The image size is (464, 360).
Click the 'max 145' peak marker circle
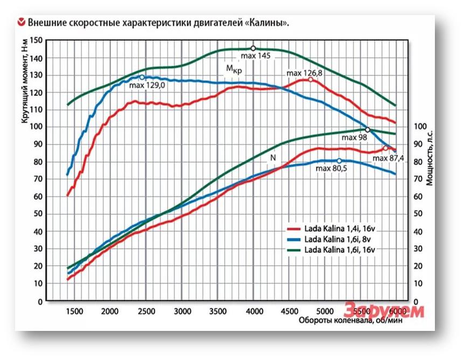pyautogui.click(x=253, y=49)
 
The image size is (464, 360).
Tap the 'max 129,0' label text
pyautogui.click(x=148, y=85)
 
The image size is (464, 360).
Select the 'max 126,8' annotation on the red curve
pyautogui.click(x=304, y=73)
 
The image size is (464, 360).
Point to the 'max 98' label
pyautogui.click(x=354, y=137)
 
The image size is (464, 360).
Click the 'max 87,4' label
pyautogui.click(x=388, y=158)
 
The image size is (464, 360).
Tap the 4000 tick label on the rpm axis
pyautogui.click(x=254, y=311)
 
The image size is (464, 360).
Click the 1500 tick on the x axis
pyautogui.click(x=74, y=311)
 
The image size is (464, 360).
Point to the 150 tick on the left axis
pyautogui.click(x=36, y=40)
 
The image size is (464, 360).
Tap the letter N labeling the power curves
pyautogui.click(x=273, y=157)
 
